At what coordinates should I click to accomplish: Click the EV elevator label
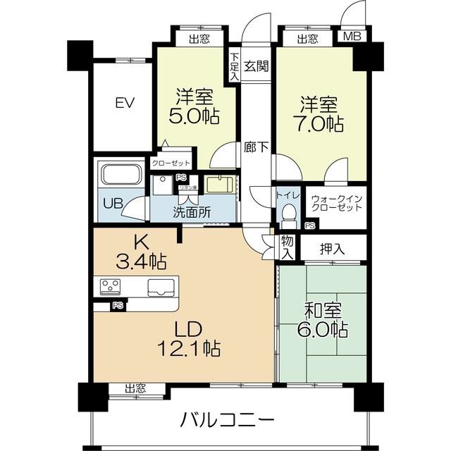coord(125,103)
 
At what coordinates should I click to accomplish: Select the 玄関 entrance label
coord(256,66)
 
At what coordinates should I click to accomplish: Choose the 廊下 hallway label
coord(256,148)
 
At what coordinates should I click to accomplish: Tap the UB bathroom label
coord(112,204)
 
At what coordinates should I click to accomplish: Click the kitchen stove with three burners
coord(110,287)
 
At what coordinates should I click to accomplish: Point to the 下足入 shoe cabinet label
coord(234,64)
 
